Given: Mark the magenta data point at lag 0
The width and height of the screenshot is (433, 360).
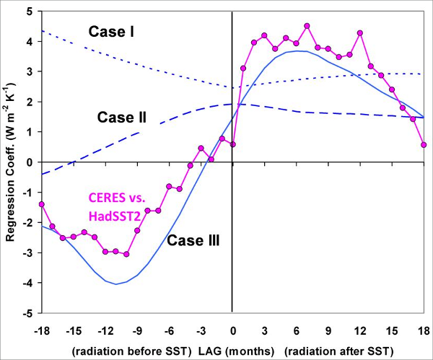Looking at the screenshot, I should (232, 144).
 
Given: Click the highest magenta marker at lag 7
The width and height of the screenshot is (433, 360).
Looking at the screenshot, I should (307, 26).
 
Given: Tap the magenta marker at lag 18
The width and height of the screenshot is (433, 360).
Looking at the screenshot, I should (424, 145).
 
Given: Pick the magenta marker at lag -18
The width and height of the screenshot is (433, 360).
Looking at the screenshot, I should (42, 204).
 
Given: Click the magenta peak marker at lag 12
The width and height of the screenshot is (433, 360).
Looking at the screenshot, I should (360, 33).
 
